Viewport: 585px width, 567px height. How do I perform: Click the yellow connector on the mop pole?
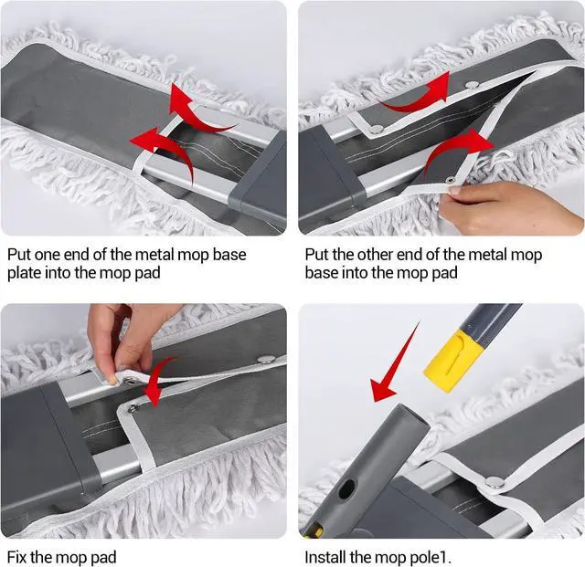(453, 362)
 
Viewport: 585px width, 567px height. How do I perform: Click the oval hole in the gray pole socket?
(346, 489)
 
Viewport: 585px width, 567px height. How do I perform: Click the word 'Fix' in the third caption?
(17, 558)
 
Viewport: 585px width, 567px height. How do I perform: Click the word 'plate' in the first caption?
(24, 273)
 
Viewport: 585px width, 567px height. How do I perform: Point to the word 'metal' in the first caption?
(154, 255)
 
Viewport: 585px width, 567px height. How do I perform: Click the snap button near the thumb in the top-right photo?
(451, 181)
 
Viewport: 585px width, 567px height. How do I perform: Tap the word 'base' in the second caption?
(321, 273)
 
